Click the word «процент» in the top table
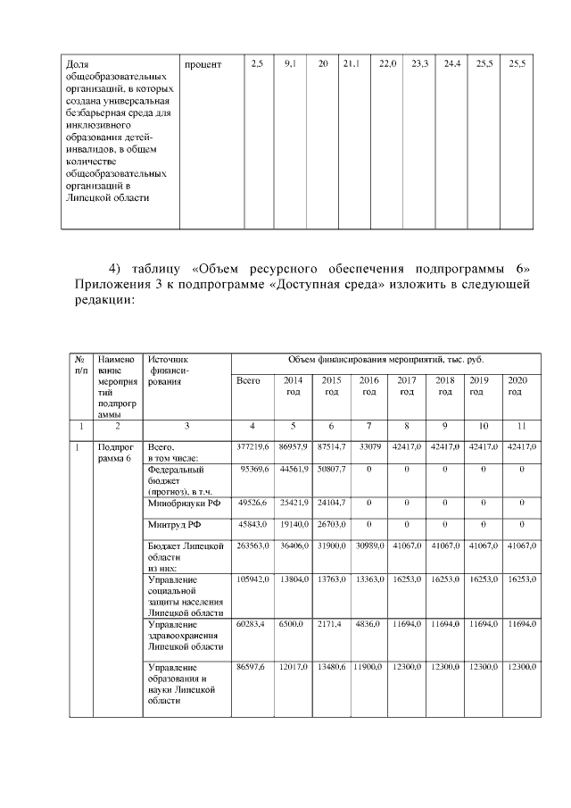click(203, 65)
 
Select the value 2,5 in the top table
click(257, 65)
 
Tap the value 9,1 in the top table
click(290, 65)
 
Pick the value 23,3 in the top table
click(419, 65)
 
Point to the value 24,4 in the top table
click(452, 65)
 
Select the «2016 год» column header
click(368, 386)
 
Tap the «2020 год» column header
click(517, 386)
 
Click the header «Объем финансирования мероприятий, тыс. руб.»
click(385, 359)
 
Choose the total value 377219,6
click(252, 445)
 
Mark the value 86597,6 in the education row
click(252, 667)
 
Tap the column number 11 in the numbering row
click(517, 426)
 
